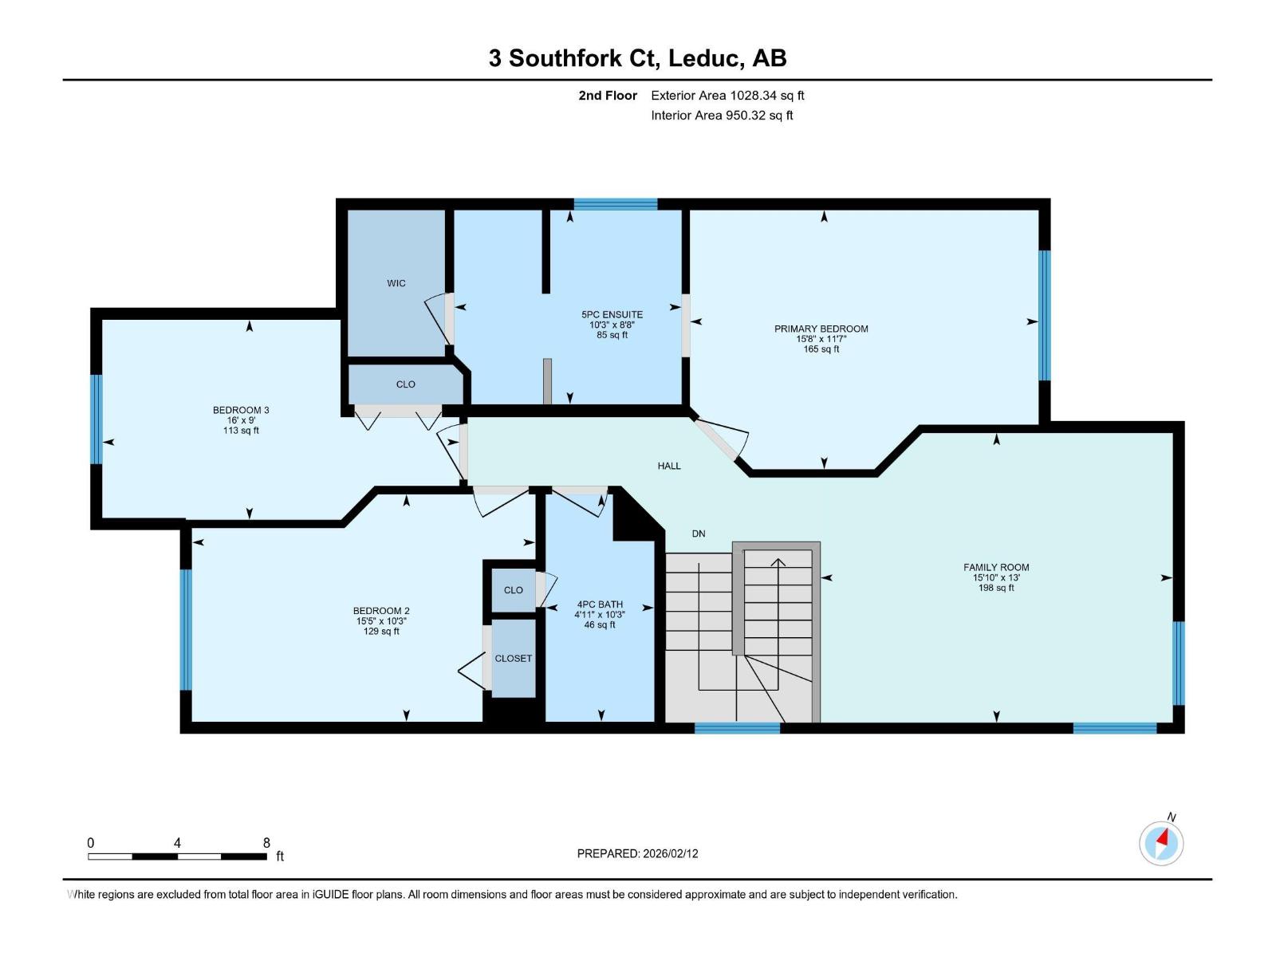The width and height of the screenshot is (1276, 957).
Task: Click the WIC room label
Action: pos(396,283)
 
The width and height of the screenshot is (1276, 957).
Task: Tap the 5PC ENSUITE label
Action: pos(612,314)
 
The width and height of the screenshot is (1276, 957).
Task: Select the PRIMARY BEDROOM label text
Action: pos(821,329)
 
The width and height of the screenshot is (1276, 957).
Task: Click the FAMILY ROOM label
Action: pos(996,568)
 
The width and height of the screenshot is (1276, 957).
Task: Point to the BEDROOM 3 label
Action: pos(241,410)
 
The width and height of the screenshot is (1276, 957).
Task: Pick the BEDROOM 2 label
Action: pos(381,611)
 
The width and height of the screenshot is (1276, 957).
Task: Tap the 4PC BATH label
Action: pos(600,605)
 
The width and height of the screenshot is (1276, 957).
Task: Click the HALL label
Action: pos(669,466)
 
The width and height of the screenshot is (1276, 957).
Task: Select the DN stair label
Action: pos(699,534)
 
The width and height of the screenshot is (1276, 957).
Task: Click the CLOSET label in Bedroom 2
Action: pos(513,659)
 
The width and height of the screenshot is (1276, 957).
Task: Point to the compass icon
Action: pos(1161,843)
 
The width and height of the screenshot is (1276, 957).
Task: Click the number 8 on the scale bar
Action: pos(266,843)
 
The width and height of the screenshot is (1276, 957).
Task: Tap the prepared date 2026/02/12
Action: pos(671,853)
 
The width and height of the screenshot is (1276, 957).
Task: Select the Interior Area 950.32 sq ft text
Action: pos(722,116)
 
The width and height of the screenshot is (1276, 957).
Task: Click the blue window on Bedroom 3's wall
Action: pos(96,419)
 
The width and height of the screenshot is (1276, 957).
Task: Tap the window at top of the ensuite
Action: pos(616,204)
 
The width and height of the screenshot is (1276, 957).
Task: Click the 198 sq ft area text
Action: pos(996,588)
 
